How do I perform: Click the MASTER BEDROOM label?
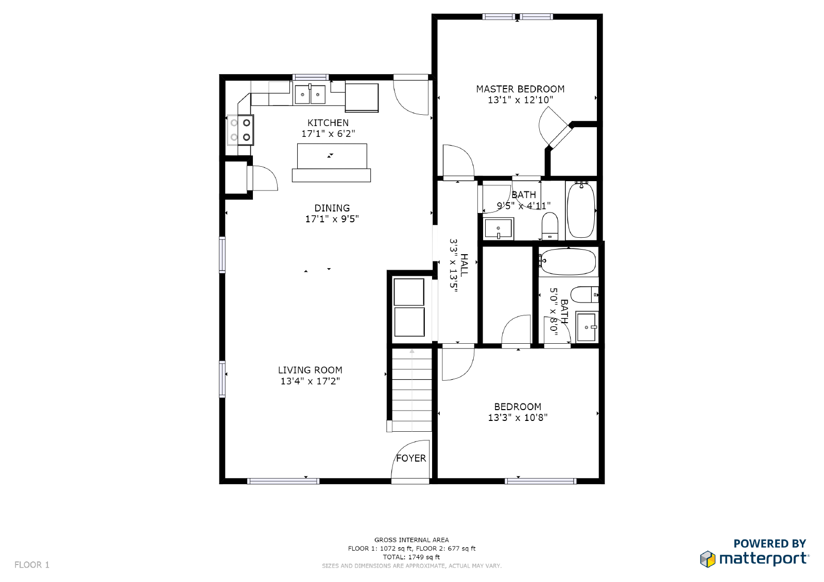coord(520,89)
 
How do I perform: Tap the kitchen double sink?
coord(310,94)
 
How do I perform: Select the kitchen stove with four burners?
coord(240,130)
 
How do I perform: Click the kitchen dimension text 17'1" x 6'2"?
coord(328,133)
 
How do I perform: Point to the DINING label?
coord(332,208)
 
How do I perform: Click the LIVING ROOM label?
coord(310,370)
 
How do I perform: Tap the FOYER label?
coord(411,458)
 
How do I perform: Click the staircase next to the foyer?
coord(411,390)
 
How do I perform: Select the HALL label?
coord(464,265)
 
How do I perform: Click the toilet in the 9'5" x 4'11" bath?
coord(550,226)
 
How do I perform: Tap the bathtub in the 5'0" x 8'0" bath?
coord(569,262)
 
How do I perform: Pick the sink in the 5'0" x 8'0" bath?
coord(587,327)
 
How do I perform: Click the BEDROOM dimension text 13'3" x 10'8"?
coord(518,418)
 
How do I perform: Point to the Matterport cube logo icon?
coord(708,559)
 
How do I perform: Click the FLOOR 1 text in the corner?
coord(32,565)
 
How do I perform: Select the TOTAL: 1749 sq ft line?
coord(411,557)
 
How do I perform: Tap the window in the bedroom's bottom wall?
coord(540,481)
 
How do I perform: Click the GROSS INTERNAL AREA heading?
coord(411,540)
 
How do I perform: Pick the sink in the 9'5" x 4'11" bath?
coord(499,228)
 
